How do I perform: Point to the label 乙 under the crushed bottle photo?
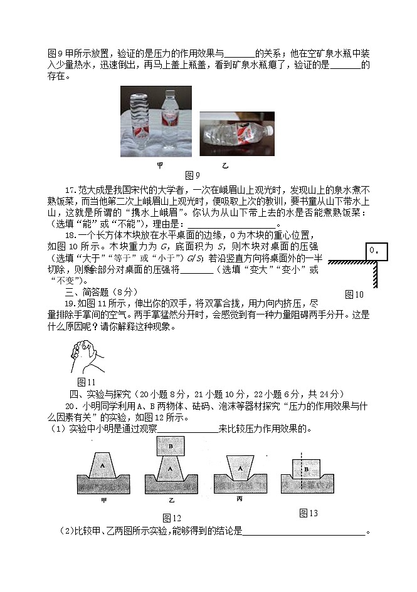point(225,166)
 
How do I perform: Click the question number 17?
point(70,190)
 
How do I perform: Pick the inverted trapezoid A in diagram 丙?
point(238,468)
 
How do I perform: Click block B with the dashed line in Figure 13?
point(304,469)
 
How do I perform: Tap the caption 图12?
point(171,517)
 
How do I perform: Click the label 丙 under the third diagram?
point(240,499)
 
